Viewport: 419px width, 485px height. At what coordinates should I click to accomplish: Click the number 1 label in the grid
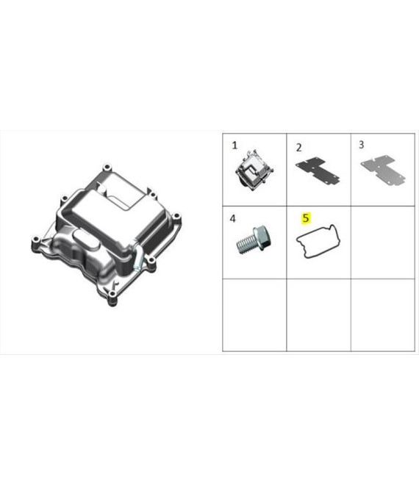pos(234,145)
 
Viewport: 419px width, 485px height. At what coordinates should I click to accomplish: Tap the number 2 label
pos(298,148)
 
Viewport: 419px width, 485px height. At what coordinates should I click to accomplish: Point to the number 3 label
pos(361,145)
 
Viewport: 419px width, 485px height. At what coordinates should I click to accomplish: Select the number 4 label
pos(233,219)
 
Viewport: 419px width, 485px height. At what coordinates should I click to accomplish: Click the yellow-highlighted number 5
pos(306,218)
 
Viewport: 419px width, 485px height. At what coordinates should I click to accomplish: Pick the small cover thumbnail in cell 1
pos(254,170)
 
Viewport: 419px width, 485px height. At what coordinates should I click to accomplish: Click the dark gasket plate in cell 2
pos(318,170)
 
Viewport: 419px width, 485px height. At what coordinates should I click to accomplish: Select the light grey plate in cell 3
pos(383,170)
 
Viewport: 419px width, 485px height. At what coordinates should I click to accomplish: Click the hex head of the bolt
pos(263,238)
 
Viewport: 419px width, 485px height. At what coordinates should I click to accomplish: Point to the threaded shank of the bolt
pos(246,245)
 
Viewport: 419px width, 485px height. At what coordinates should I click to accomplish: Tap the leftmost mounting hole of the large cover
pos(36,240)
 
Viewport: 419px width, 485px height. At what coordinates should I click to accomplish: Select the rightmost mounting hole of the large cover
pos(176,216)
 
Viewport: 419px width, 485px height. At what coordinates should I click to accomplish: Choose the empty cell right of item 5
pos(383,242)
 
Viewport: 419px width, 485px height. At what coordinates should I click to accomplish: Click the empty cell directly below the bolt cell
pos(254,315)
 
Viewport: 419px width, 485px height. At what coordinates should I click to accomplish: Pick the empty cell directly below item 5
pos(319,315)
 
